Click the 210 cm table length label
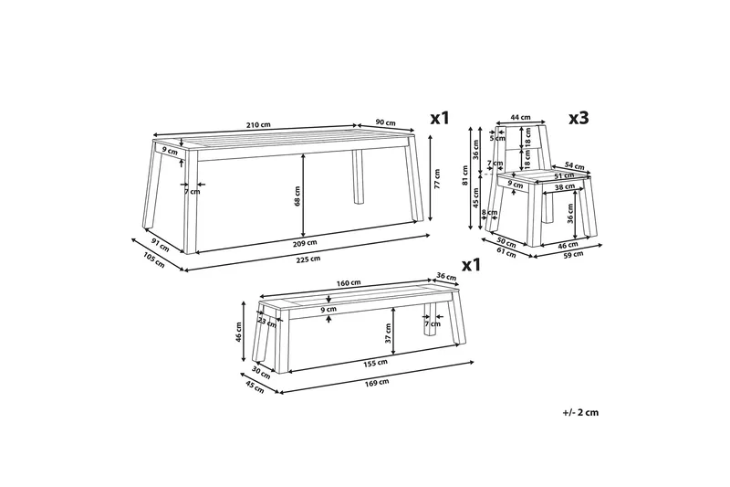tap(258, 125)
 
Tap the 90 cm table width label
tap(385, 123)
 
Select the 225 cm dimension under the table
tap(309, 259)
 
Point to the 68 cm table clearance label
tap(297, 196)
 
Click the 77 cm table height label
tap(437, 178)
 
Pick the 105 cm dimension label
tap(153, 260)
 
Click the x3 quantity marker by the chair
tap(579, 119)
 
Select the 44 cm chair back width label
tap(520, 117)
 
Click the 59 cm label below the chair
tap(573, 254)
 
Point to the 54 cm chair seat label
tap(575, 165)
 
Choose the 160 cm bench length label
tap(349, 283)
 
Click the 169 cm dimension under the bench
tap(377, 382)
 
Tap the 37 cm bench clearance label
tap(389, 333)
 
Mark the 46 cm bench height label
tap(239, 333)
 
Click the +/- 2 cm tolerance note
tap(580, 412)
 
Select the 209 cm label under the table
tap(306, 243)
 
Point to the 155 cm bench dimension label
tap(376, 363)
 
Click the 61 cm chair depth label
tap(506, 254)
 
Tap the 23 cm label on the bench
tap(266, 323)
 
